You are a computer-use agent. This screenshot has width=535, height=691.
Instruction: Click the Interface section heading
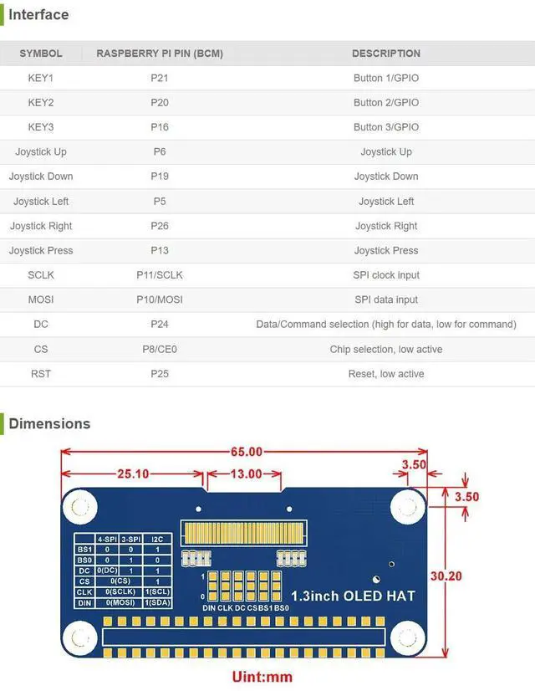click(x=38, y=15)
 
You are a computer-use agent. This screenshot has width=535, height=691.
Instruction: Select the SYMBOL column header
click(x=41, y=54)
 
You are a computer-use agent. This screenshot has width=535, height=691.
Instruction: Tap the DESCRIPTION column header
click(x=385, y=54)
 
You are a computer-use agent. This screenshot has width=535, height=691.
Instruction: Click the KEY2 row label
click(x=41, y=103)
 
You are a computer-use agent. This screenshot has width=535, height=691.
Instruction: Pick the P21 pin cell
click(x=159, y=78)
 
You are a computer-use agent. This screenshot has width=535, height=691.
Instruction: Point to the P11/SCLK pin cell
click(x=159, y=275)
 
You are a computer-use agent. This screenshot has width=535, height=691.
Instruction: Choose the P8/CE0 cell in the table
click(x=159, y=349)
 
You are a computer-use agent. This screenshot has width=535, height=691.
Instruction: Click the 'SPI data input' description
click(x=385, y=299)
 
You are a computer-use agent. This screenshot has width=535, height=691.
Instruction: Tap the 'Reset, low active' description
click(x=385, y=374)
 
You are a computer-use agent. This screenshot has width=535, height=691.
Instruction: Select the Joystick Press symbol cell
click(x=41, y=250)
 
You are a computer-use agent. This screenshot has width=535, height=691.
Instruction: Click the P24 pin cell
click(x=159, y=325)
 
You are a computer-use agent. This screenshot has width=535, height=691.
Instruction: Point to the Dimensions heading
click(x=49, y=423)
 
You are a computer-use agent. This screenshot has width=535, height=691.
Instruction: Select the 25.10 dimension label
click(x=133, y=473)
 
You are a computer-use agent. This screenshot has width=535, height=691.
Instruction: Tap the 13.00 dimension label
click(x=246, y=473)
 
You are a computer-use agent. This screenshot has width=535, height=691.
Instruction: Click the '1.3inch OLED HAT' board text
click(x=353, y=596)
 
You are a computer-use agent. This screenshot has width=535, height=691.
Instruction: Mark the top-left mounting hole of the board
click(x=82, y=507)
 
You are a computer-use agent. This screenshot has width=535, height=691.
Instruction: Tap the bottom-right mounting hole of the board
click(x=407, y=637)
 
